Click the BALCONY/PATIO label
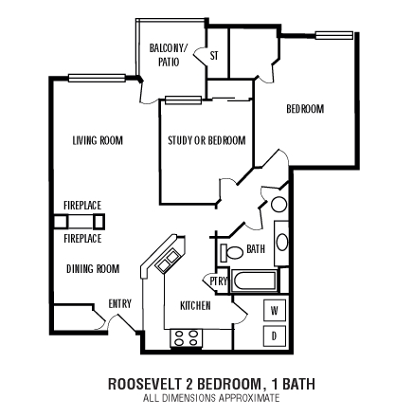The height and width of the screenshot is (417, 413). click(169, 53)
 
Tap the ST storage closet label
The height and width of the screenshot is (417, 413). click(213, 56)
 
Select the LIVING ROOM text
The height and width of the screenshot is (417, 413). click(98, 140)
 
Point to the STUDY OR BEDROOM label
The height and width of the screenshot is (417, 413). click(206, 140)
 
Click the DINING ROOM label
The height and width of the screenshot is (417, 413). click(93, 268)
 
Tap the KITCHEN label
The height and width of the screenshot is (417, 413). click(195, 307)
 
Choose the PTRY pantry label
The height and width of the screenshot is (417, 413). click(218, 281)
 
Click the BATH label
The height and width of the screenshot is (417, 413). click(256, 249)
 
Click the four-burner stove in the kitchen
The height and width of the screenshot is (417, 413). click(186, 338)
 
